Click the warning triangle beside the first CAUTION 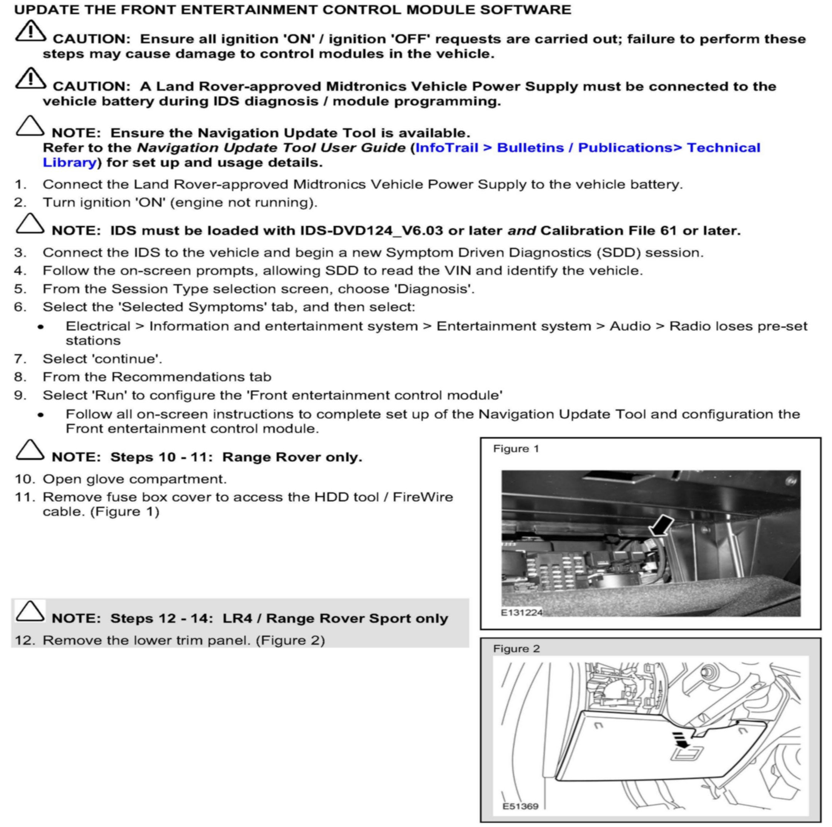pos(30,31)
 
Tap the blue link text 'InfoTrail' pos(447,148)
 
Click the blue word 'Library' pos(69,163)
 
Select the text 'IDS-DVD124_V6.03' pos(371,231)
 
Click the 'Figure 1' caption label pos(516,449)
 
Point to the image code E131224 pos(521,612)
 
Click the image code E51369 pos(520,806)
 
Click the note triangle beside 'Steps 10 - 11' pos(30,450)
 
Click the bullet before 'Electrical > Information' pos(41,327)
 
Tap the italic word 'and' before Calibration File pos(521,231)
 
